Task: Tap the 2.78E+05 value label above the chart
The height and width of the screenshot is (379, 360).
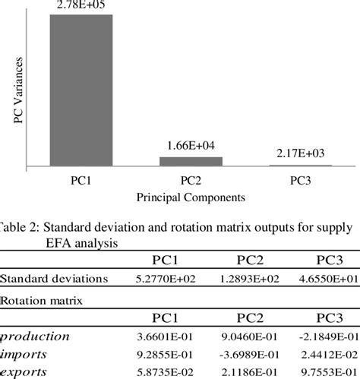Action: tap(81, 6)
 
